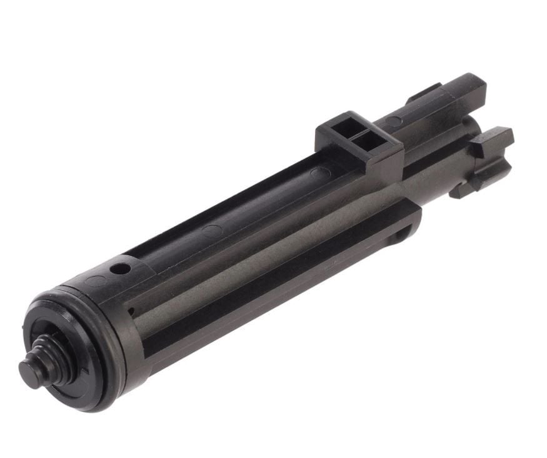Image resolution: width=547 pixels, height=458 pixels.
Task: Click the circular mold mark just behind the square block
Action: pyautogui.click(x=318, y=170)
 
